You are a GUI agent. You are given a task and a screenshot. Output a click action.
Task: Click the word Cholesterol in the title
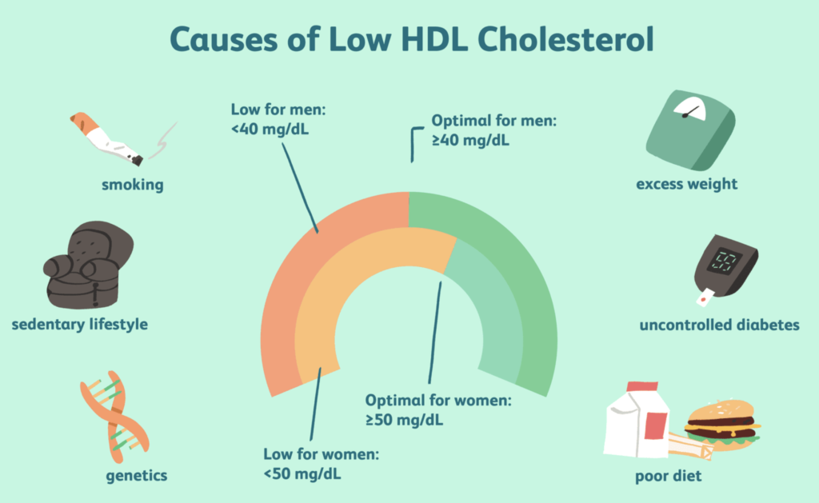pyautogui.click(x=565, y=39)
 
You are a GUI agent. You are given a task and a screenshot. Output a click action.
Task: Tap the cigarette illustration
pyautogui.click(x=106, y=139)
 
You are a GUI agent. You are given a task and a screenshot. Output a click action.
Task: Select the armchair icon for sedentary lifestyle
pyautogui.click(x=88, y=265)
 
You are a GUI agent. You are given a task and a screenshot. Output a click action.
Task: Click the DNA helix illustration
pyautogui.click(x=114, y=417)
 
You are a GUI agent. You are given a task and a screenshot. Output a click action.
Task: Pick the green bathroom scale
pyautogui.click(x=690, y=130)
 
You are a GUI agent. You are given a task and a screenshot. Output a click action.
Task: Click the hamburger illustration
pyautogui.click(x=723, y=425)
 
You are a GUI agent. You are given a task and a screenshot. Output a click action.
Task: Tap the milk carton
pyautogui.click(x=637, y=419)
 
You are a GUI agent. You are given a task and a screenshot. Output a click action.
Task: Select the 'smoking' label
pyautogui.click(x=133, y=185)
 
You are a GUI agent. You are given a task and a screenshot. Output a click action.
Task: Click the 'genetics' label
pyautogui.click(x=137, y=476)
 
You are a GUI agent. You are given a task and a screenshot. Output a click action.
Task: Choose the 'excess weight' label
pyautogui.click(x=687, y=184)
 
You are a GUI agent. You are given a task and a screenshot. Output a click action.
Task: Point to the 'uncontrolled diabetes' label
pyautogui.click(x=719, y=325)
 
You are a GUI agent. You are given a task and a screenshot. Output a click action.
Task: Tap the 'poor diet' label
pyautogui.click(x=669, y=476)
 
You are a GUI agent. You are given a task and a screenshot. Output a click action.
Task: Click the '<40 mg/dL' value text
pyautogui.click(x=270, y=129)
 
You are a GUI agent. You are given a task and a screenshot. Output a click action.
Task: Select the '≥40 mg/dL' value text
pyautogui.click(x=470, y=141)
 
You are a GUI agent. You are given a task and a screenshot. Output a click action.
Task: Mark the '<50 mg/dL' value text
pyautogui.click(x=302, y=473)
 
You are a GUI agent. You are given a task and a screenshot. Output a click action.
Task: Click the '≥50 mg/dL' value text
pyautogui.click(x=404, y=420)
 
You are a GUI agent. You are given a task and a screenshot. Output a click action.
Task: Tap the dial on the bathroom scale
pyautogui.click(x=689, y=108)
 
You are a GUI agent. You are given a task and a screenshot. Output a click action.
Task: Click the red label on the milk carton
pyautogui.click(x=656, y=425)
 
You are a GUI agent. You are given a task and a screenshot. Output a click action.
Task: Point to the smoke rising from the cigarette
pyautogui.click(x=162, y=141)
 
